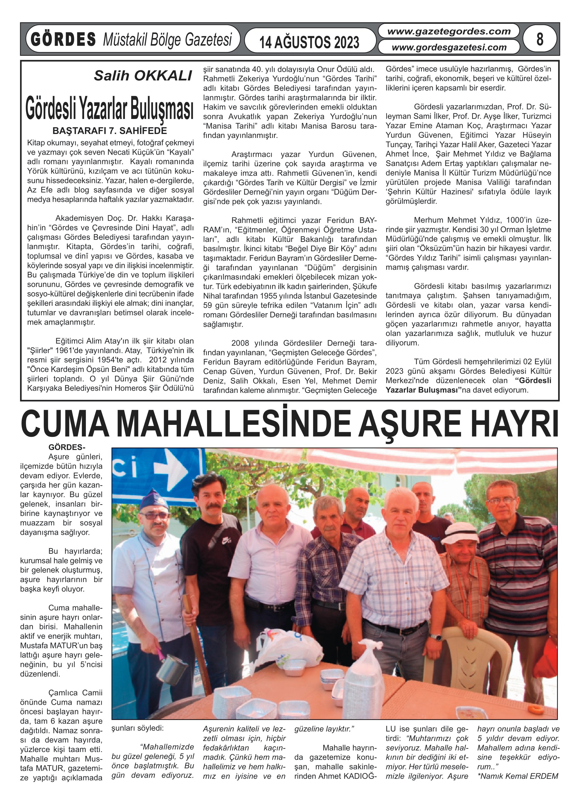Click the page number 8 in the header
coord(539,39)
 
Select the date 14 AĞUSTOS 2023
coord(309,42)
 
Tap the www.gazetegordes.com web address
coord(449,31)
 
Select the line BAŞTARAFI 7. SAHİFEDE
coord(109,131)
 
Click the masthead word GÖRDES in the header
coord(63,39)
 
